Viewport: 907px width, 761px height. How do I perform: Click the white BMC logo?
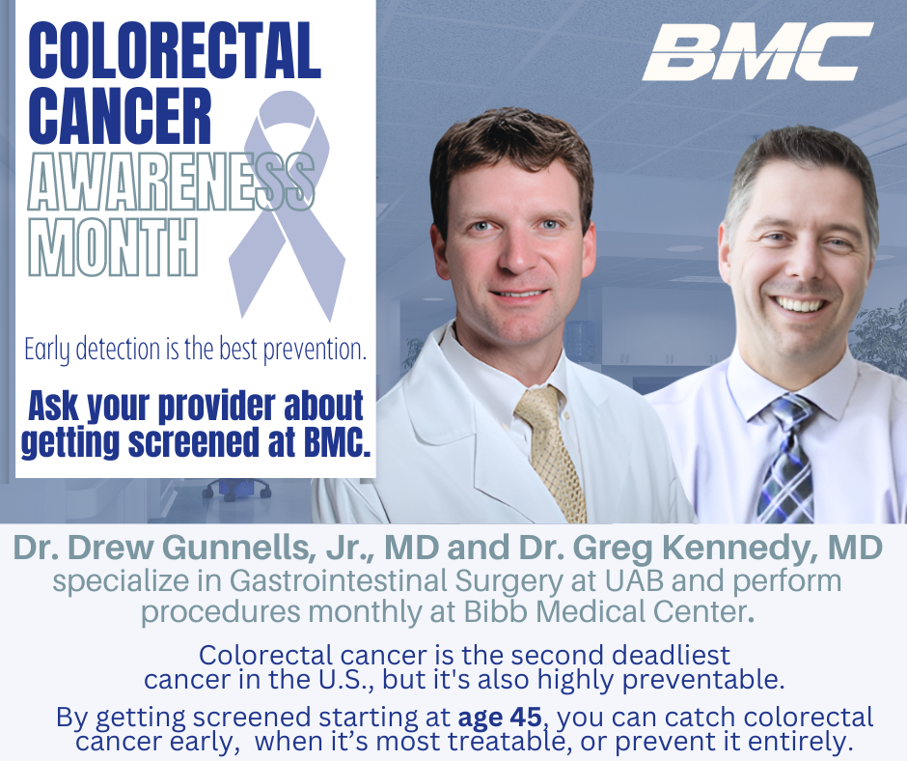click(757, 51)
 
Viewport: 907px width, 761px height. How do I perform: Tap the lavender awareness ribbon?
click(288, 206)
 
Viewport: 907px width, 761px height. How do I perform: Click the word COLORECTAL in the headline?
click(174, 51)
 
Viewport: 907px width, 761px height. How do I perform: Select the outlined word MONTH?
click(114, 247)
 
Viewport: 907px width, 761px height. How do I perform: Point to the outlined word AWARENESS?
click(171, 182)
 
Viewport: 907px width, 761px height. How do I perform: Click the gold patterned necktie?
click(551, 453)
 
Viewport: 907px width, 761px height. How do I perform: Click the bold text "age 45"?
click(500, 717)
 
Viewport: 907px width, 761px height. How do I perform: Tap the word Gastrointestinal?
click(339, 580)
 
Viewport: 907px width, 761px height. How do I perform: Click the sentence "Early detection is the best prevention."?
click(196, 350)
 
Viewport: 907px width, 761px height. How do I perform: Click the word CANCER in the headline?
click(120, 116)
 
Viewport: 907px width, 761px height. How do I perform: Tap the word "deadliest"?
click(671, 656)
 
